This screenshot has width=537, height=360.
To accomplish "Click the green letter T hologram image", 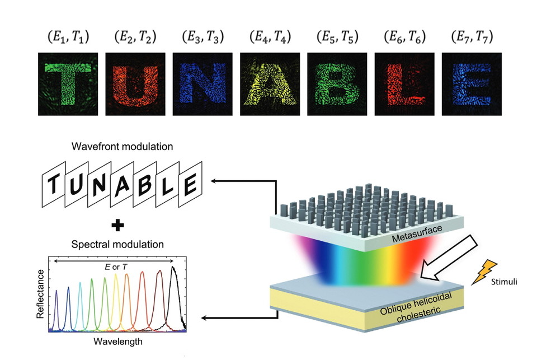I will (x=67, y=84).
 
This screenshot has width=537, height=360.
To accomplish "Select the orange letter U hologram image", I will (x=135, y=84).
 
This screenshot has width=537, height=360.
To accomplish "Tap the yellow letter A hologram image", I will (x=270, y=84).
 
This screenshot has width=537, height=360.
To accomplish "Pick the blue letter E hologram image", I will (x=472, y=84).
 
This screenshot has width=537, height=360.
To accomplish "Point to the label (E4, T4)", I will (x=270, y=38).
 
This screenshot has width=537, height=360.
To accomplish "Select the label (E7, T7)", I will (x=472, y=38).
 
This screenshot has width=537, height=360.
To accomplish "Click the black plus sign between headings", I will (x=117, y=226).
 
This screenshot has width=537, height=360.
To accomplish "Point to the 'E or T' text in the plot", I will (x=115, y=267).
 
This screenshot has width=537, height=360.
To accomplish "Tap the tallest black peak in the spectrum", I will (x=175, y=269).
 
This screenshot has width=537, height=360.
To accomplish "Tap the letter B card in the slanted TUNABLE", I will (x=144, y=185).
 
